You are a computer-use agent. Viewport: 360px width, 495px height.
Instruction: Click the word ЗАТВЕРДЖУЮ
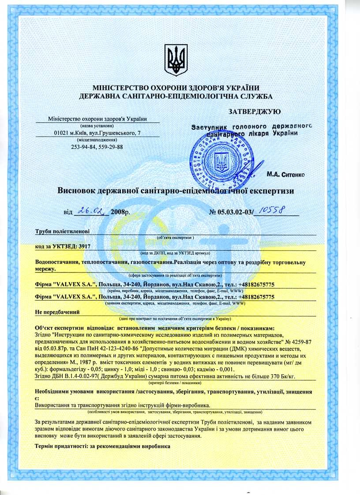(254, 112)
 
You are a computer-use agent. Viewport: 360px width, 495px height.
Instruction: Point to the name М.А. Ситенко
(285, 175)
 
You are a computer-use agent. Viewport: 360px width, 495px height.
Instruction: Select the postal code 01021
(61, 133)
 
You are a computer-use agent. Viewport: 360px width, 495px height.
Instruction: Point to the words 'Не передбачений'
(57, 312)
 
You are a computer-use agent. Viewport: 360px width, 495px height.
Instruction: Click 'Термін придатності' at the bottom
(62, 446)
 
